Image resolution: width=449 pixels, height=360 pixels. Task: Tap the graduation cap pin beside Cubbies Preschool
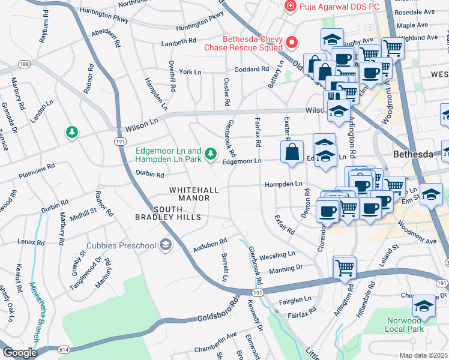[x=165, y=245]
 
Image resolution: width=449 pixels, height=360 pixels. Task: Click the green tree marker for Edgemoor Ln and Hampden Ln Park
[x=210, y=154]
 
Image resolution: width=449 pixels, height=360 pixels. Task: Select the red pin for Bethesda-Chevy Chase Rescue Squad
[x=292, y=42]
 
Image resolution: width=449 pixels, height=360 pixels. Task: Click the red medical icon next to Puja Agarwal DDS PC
[x=290, y=6]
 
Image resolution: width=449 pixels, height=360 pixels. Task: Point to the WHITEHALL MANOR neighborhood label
[x=194, y=193]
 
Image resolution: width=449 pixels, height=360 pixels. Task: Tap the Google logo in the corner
[x=20, y=353]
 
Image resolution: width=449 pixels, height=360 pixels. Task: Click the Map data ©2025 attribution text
[x=423, y=355]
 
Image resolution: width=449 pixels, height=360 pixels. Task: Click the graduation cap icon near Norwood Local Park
[x=424, y=306]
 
